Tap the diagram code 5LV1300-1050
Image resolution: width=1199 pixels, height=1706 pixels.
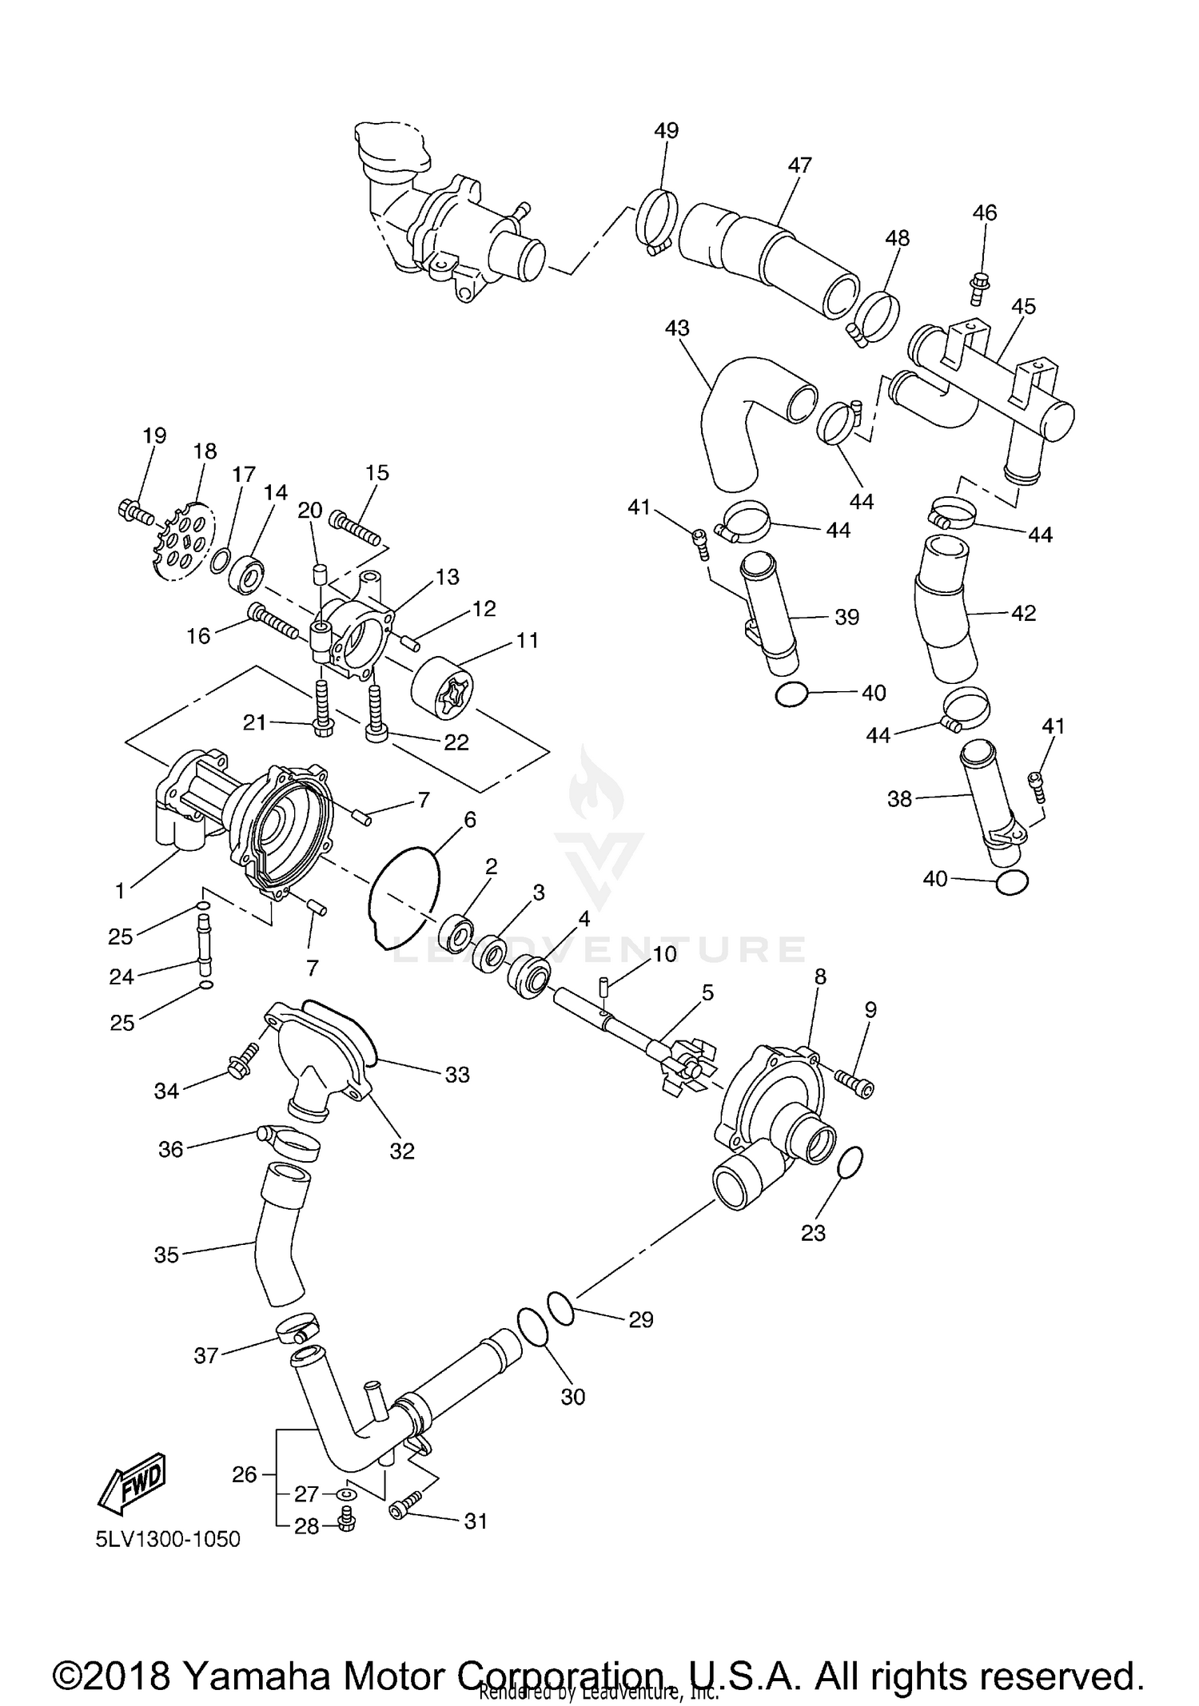point(168,1539)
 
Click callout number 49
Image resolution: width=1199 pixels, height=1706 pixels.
point(666,130)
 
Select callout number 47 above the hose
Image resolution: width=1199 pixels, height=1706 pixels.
point(799,165)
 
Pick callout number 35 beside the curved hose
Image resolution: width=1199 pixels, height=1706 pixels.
point(166,1255)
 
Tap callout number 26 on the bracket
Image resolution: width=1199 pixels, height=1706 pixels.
point(245,1473)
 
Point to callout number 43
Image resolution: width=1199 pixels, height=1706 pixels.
point(677,328)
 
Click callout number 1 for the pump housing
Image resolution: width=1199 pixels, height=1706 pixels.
point(120,890)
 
